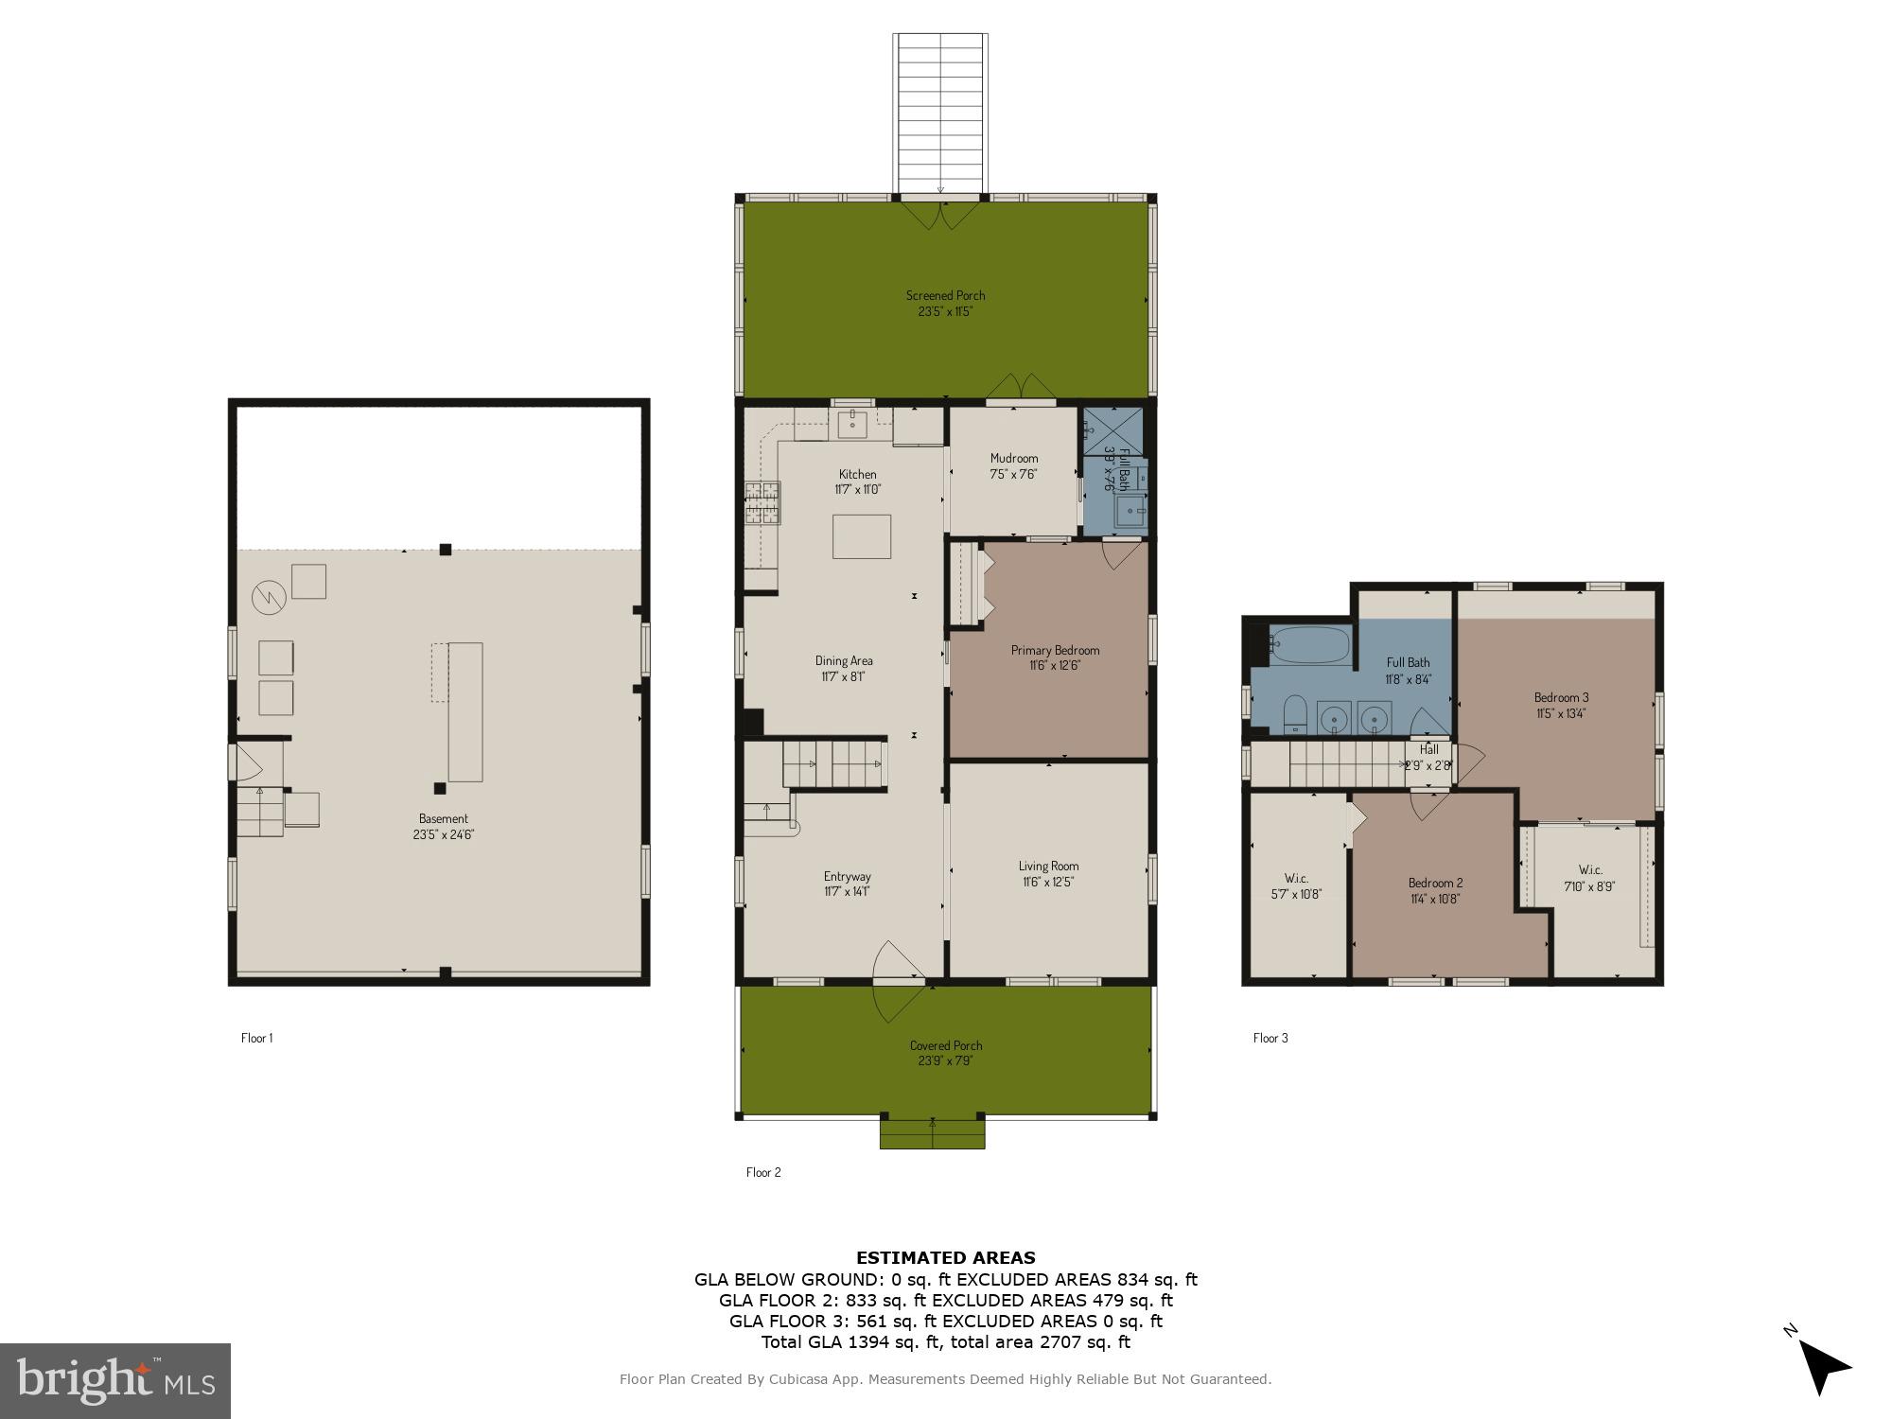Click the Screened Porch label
point(945,303)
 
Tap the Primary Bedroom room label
point(1055,657)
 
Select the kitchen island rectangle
point(861,536)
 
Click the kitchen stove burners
point(762,502)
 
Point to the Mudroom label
point(1014,465)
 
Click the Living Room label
point(1048,873)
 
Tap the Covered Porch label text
point(946,1052)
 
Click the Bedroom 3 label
point(1561,705)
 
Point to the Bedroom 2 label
point(1435,890)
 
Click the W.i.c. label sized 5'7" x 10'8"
point(1296,885)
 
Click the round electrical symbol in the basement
point(268,598)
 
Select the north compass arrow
point(1820,1365)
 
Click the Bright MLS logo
point(114,1380)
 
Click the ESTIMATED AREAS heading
point(945,1257)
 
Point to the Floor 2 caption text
point(763,1172)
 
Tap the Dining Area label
point(844,668)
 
